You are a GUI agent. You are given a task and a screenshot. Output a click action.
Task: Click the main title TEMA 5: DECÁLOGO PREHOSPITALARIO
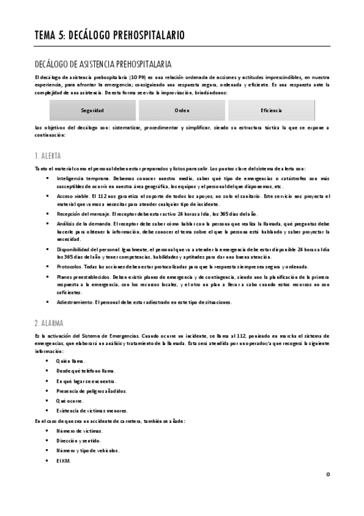tap(110, 35)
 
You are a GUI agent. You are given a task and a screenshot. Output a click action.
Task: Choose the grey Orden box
tap(182, 110)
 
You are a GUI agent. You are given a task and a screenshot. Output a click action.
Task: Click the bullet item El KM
tap(63, 460)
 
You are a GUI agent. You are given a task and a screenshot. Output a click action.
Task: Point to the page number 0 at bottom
tap(328, 474)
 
